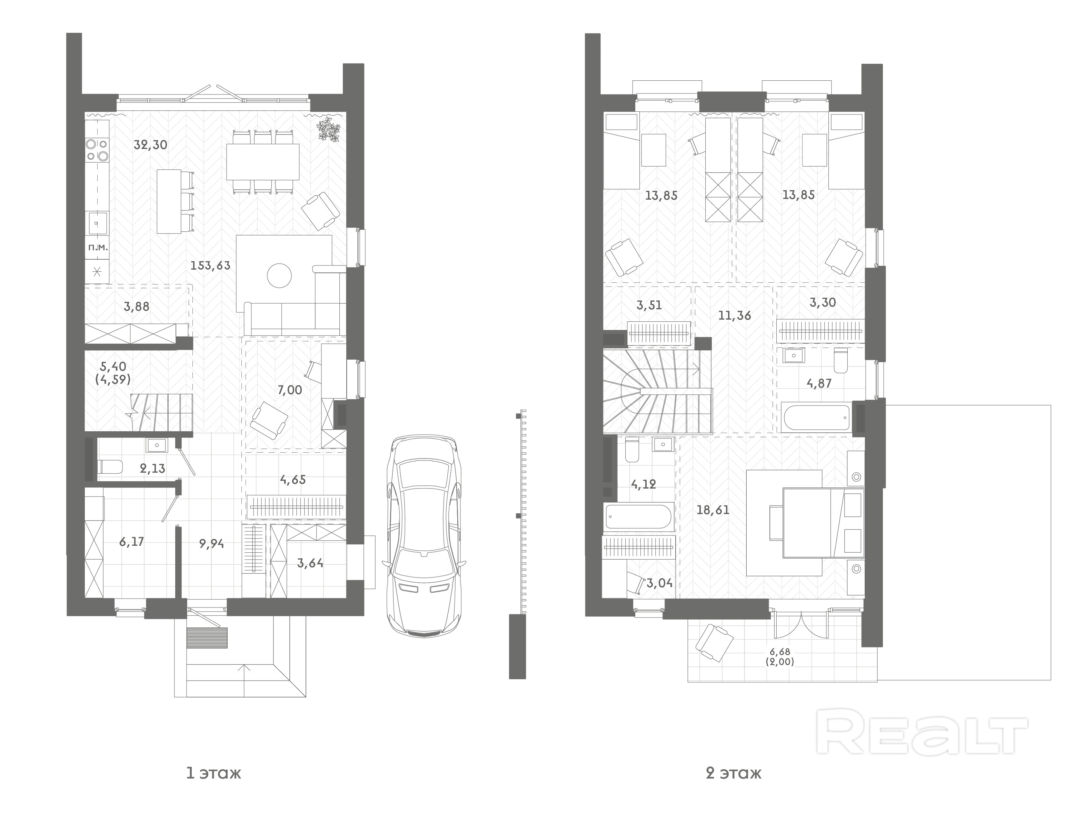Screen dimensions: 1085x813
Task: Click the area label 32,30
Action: tap(151, 145)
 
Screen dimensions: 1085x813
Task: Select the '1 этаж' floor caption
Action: tap(214, 774)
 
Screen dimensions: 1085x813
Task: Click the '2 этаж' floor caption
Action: tap(734, 774)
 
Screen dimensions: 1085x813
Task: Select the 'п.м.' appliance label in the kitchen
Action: tap(98, 247)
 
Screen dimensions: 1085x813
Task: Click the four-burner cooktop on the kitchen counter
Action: tap(97, 150)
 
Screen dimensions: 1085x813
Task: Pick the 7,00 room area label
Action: tap(290, 390)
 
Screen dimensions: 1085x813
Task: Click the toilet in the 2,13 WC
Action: tap(110, 466)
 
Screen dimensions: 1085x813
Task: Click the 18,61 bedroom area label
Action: tap(713, 510)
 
